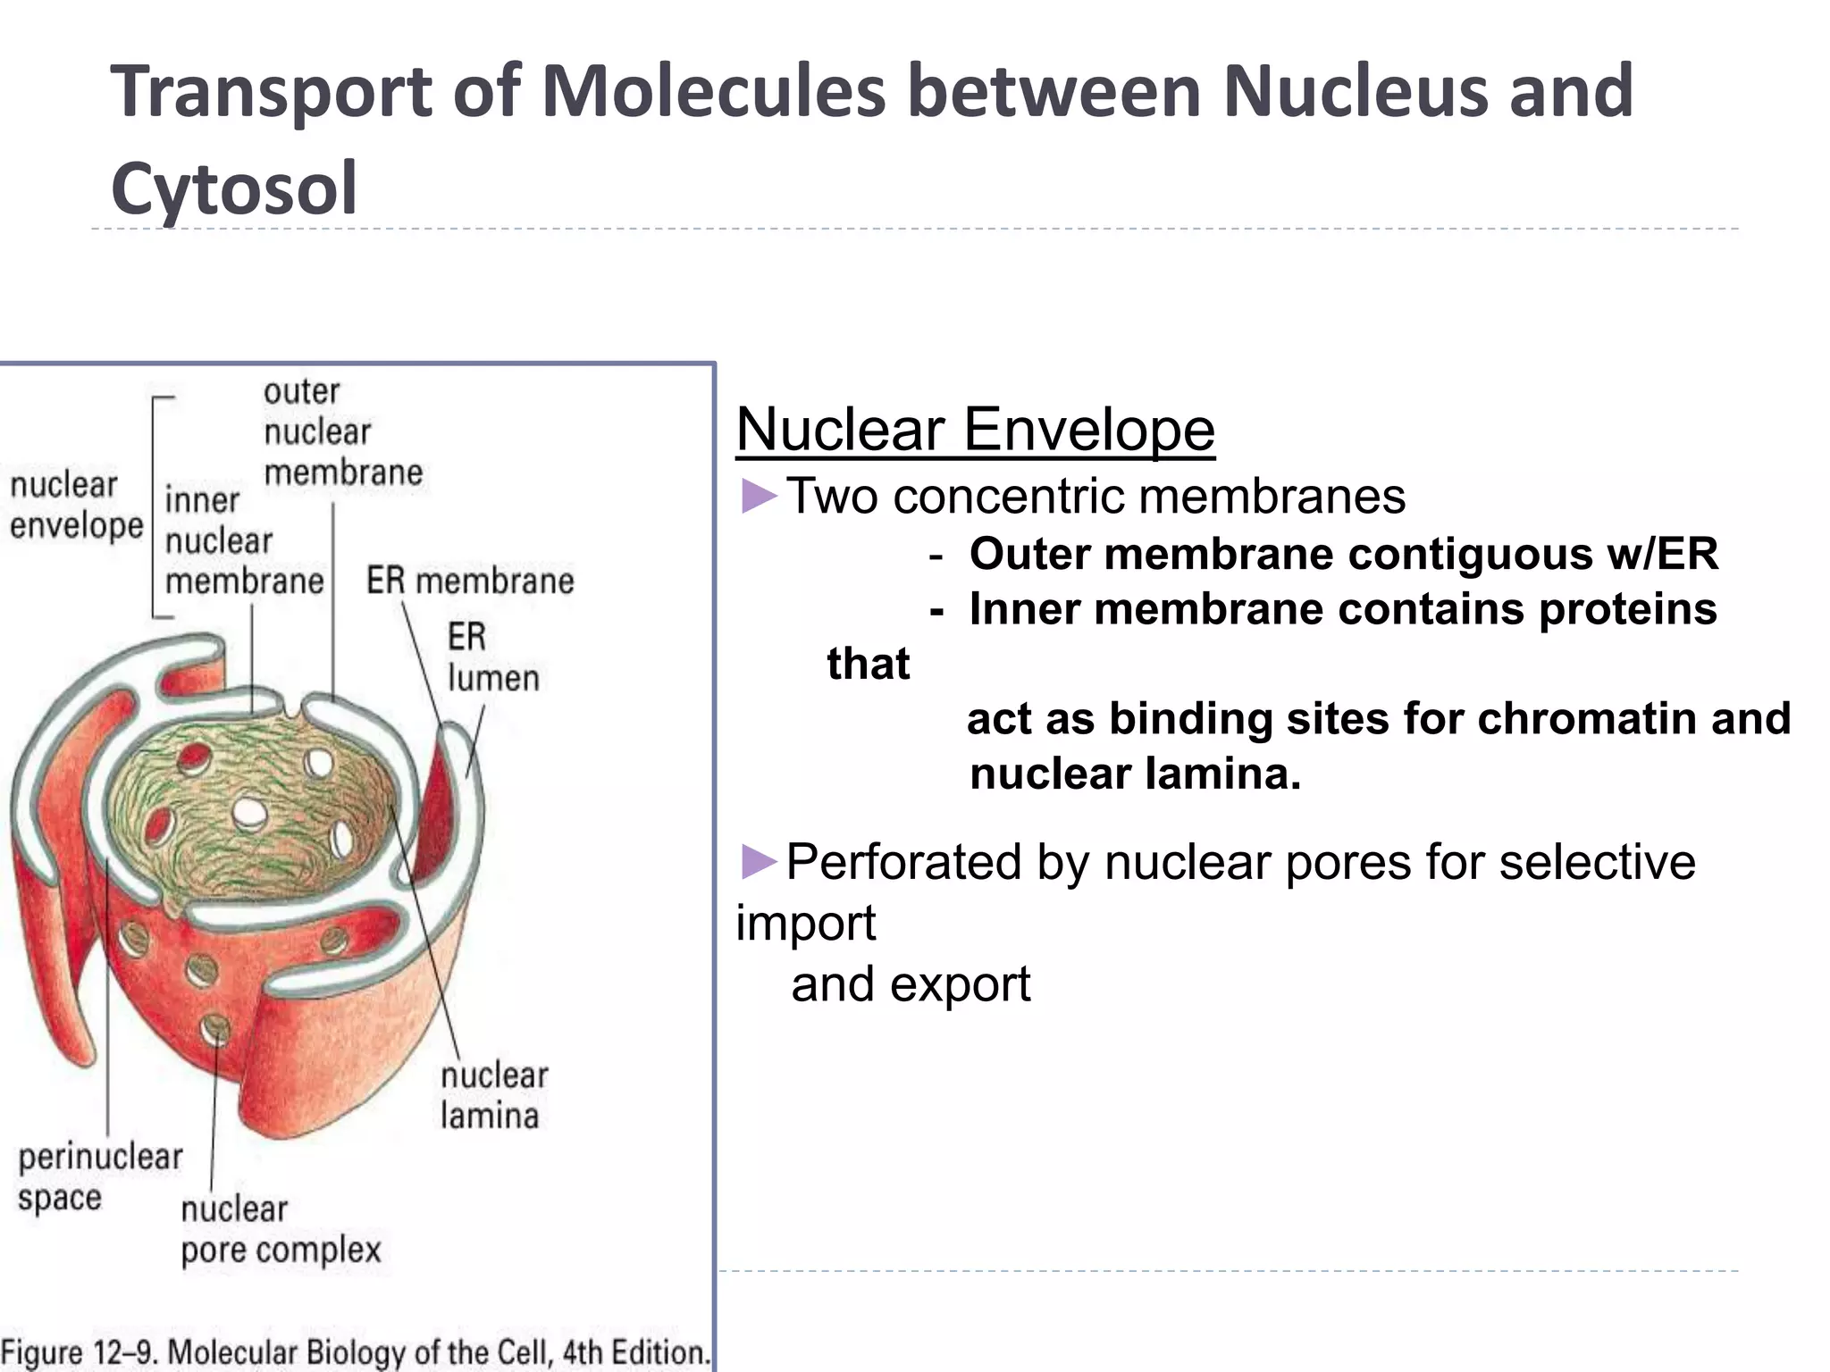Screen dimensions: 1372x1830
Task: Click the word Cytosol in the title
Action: pyautogui.click(x=234, y=188)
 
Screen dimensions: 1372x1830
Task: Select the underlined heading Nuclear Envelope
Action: pyautogui.click(x=975, y=430)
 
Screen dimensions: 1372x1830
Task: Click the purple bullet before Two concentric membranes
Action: pyautogui.click(x=759, y=497)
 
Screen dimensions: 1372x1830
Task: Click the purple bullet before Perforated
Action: pyautogui.click(x=759, y=862)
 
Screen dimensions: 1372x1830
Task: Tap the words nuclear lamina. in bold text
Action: pyautogui.click(x=1135, y=774)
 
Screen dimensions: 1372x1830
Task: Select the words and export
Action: pyautogui.click(x=910, y=984)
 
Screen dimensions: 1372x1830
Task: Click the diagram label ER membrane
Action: pyautogui.click(x=470, y=581)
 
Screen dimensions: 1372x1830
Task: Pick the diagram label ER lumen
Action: pyautogui.click(x=492, y=658)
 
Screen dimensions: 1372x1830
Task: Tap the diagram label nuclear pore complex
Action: pyautogui.click(x=281, y=1229)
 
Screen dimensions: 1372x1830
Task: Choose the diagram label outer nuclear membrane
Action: pyautogui.click(x=342, y=432)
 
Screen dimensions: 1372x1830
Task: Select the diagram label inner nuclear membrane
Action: pyautogui.click(x=243, y=541)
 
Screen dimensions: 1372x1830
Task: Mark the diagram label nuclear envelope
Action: pyautogui.click(x=76, y=506)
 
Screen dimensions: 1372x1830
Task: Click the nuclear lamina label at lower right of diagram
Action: pyautogui.click(x=493, y=1096)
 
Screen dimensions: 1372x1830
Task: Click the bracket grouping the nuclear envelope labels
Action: pyautogui.click(x=155, y=506)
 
